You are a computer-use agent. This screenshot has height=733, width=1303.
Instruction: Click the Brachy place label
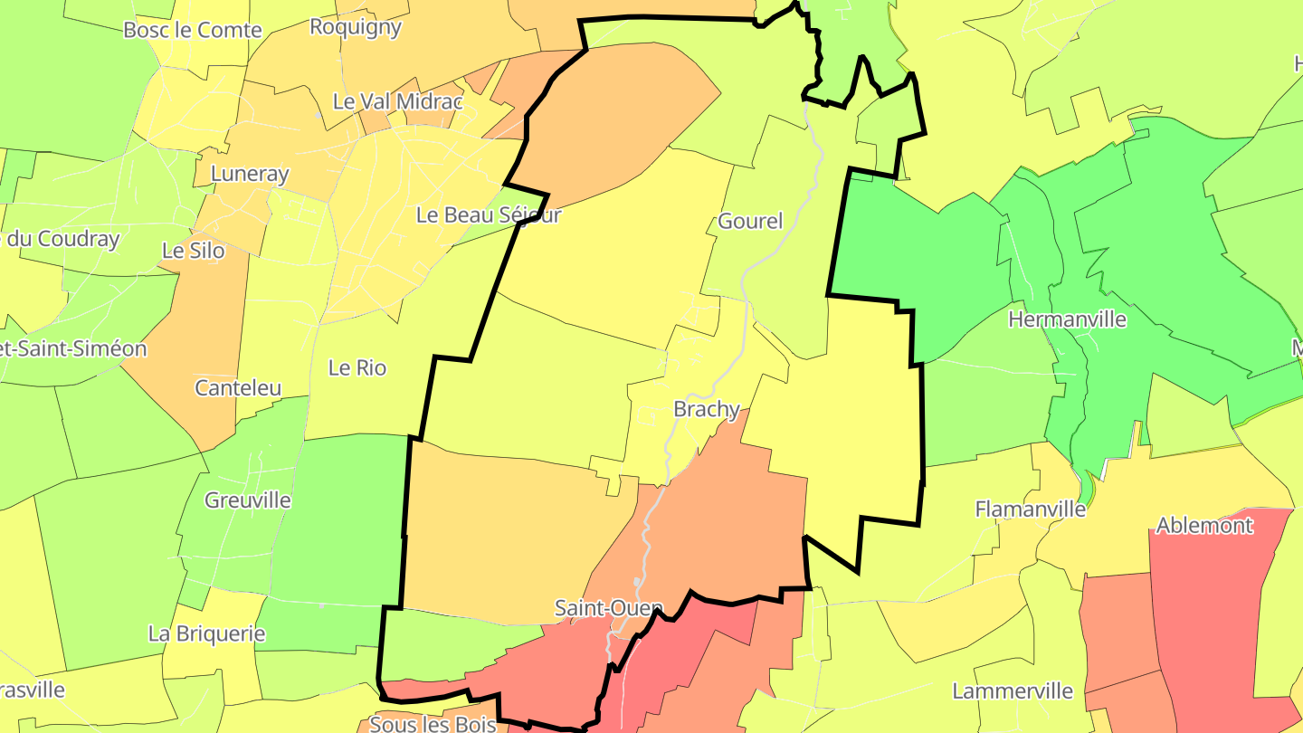pos(707,409)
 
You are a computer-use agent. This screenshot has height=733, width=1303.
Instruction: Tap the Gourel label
pos(750,221)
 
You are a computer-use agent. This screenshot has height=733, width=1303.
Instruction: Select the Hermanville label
pos(1067,319)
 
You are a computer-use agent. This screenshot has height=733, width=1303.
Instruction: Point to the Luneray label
pos(249,174)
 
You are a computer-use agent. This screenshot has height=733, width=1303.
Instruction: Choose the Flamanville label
pos(1030,509)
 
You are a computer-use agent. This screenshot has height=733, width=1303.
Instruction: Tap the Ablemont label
pos(1204,526)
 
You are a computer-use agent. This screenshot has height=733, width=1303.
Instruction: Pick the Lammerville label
pos(1013,691)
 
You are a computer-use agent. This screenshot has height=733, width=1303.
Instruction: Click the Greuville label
pos(248,500)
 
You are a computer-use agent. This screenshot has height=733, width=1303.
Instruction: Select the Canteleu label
pos(239,388)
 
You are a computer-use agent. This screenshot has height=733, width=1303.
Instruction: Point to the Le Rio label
pos(357,368)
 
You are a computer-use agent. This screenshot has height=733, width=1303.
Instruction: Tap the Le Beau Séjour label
pos(489,215)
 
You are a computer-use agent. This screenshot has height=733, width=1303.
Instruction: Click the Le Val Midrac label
pos(398,101)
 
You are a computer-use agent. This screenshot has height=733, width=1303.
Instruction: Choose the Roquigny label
pos(356,27)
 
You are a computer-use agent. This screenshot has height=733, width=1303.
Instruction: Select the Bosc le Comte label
pos(193,30)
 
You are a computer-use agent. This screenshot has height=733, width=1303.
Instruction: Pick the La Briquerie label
pos(207,633)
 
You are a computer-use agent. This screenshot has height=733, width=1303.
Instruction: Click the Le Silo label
pos(194,250)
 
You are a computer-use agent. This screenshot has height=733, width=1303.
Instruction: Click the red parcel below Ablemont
pos(1213,615)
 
